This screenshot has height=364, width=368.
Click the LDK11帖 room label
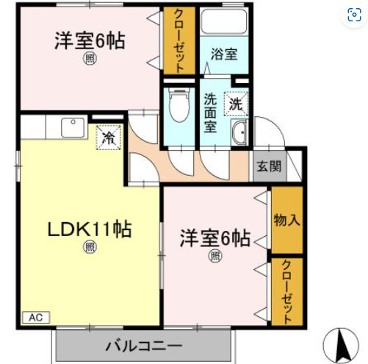(90, 229)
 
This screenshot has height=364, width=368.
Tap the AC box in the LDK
(35, 318)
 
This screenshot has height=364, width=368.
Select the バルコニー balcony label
(143, 346)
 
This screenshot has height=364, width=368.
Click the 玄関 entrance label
(268, 166)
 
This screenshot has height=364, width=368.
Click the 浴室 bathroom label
(223, 54)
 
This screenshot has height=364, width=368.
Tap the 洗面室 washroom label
(210, 113)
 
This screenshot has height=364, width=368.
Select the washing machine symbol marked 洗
(236, 104)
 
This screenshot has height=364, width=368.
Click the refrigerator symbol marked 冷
(108, 137)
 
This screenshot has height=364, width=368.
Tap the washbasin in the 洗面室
(240, 133)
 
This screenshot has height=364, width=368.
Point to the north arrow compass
(342, 343)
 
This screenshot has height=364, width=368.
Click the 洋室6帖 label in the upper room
(88, 40)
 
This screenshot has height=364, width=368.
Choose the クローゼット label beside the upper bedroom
(179, 40)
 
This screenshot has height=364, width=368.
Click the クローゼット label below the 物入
(286, 292)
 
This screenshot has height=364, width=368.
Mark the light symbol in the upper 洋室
(88, 58)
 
